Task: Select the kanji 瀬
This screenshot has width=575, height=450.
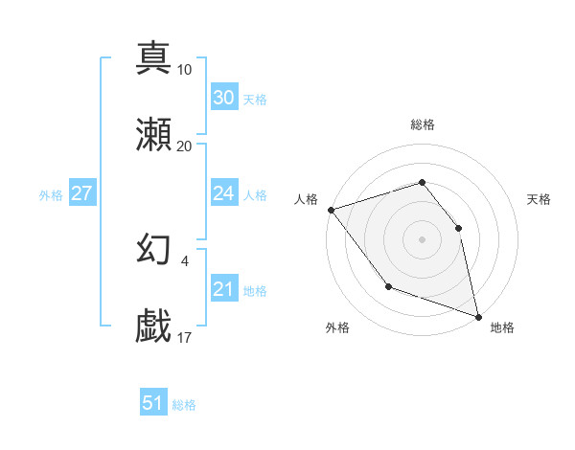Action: point(154,135)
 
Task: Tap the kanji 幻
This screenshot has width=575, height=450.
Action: point(154,249)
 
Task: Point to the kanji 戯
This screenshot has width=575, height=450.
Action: point(154,326)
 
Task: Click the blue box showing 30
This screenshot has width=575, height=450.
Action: point(223,98)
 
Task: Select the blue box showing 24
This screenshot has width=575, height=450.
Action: point(223,193)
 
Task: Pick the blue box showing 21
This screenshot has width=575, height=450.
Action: point(223,289)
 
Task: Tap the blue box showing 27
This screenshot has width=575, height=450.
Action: point(81,193)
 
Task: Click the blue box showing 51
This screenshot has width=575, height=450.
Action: point(152,403)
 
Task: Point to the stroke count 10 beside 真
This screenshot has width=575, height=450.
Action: point(185,69)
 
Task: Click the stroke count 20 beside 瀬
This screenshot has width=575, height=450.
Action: point(185,146)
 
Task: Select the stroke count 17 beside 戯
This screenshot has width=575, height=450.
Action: point(185,337)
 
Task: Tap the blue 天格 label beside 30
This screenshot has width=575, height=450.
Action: point(254,100)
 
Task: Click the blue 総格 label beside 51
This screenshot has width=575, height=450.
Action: point(184,405)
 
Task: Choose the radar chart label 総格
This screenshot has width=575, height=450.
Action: point(423,124)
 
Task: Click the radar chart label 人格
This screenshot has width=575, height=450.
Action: point(306,199)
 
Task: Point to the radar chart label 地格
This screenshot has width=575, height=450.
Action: point(502,327)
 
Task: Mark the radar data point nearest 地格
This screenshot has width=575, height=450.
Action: point(477,315)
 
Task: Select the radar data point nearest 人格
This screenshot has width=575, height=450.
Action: point(331,209)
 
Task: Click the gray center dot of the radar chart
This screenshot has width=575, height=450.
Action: point(422,238)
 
